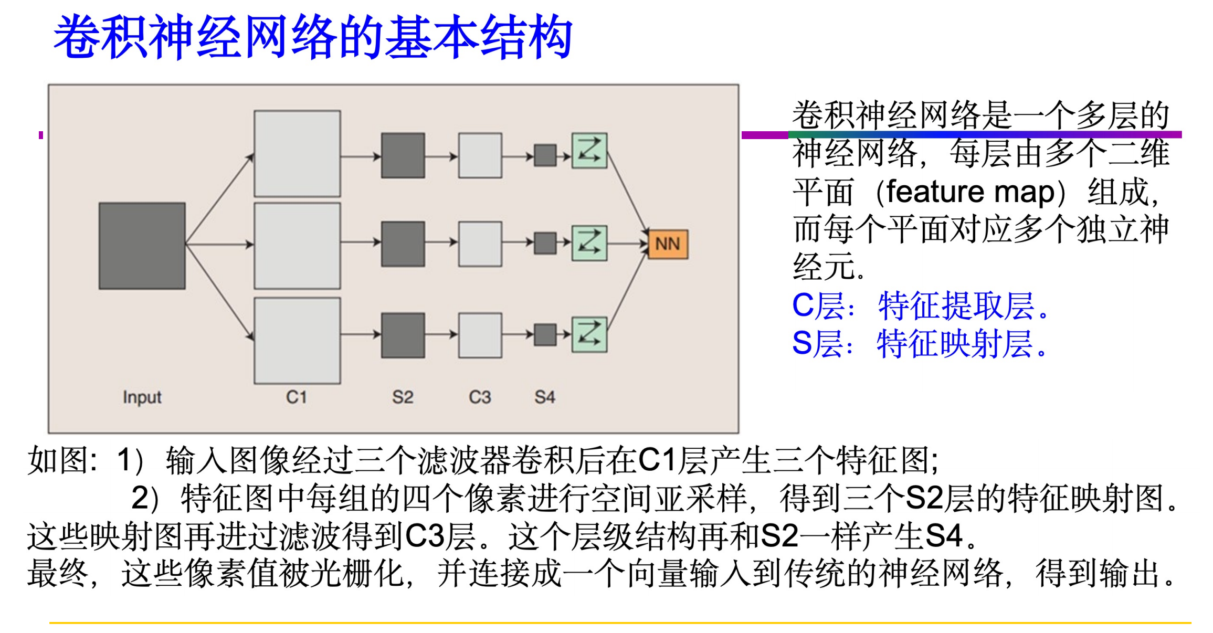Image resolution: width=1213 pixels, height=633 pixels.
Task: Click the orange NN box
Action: click(x=668, y=244)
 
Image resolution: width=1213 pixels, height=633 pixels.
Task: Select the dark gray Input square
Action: click(x=142, y=246)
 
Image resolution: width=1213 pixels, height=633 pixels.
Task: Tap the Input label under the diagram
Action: click(x=142, y=397)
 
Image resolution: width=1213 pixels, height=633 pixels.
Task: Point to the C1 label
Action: click(x=297, y=397)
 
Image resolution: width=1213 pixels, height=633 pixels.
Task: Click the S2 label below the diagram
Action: click(x=403, y=397)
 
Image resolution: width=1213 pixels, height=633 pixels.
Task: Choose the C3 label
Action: click(x=480, y=397)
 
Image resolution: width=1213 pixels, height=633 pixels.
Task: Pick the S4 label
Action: click(x=545, y=397)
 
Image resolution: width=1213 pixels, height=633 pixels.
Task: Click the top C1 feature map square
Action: click(x=297, y=153)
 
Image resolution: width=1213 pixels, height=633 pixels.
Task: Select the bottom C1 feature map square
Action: click(x=297, y=341)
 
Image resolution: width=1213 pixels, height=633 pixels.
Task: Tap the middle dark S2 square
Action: click(x=403, y=244)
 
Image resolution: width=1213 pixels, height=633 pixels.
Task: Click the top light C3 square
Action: click(x=480, y=155)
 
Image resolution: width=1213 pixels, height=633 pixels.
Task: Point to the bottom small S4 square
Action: click(x=545, y=335)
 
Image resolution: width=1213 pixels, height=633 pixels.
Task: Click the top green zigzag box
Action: click(x=589, y=151)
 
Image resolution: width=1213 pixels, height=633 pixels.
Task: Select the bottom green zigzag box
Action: click(x=589, y=335)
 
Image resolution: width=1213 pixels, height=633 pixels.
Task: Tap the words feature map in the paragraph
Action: click(x=971, y=192)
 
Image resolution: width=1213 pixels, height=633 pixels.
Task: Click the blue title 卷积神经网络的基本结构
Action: click(x=313, y=37)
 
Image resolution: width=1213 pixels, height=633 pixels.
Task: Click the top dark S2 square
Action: click(x=403, y=155)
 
